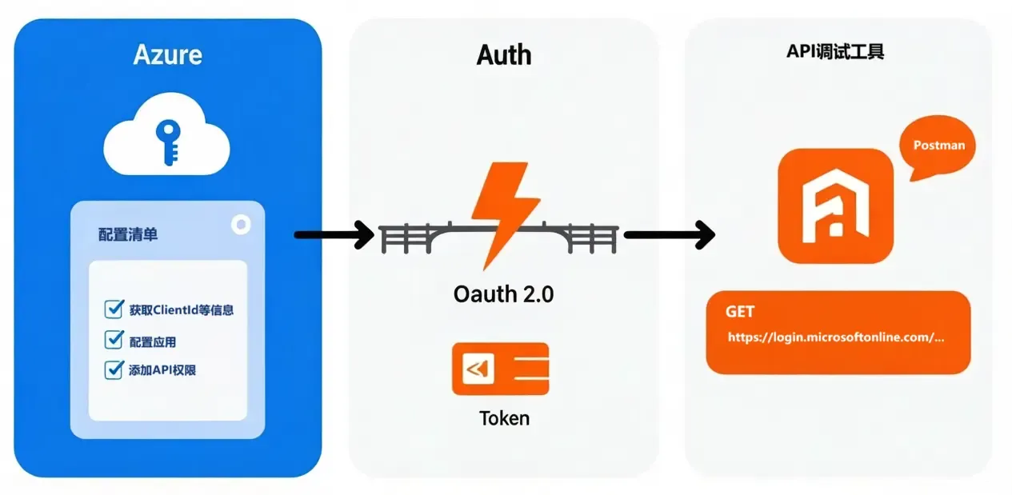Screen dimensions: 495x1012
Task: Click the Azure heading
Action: tap(167, 54)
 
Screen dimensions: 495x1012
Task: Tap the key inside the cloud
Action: tap(167, 142)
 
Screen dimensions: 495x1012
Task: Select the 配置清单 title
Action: tap(128, 234)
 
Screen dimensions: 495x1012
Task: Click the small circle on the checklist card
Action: tap(240, 225)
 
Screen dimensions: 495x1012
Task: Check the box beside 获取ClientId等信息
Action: tap(114, 309)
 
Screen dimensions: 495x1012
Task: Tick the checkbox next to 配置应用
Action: tap(114, 340)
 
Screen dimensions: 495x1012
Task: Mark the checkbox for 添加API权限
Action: tap(114, 369)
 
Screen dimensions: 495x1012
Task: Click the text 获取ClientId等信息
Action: tap(181, 310)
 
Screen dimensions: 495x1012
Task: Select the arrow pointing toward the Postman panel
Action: tap(669, 234)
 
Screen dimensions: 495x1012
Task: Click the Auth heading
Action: tap(504, 54)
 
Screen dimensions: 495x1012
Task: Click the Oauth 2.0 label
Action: tap(503, 293)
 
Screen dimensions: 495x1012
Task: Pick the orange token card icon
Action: tap(500, 369)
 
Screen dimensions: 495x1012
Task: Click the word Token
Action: tap(504, 417)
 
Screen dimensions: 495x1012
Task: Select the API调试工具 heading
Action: tap(835, 53)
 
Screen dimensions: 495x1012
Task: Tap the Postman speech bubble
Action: tap(938, 146)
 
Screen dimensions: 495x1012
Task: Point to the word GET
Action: tap(740, 312)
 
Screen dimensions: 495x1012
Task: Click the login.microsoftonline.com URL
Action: tap(836, 337)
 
